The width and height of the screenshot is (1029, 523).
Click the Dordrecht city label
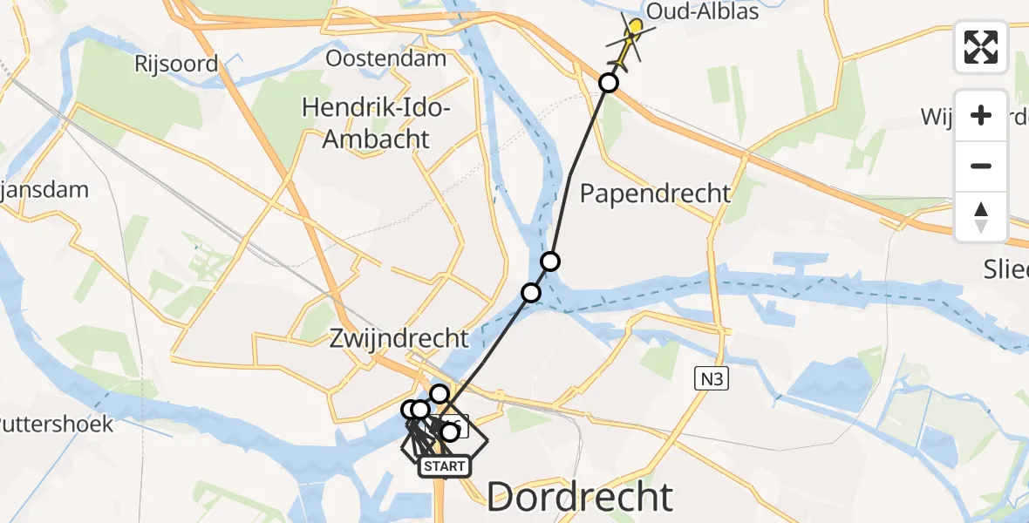580,497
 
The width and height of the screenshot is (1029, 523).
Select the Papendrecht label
655,193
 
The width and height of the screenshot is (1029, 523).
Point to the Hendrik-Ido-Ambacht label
376,123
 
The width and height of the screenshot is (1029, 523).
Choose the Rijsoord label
176,63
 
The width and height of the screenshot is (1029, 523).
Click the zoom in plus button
981,115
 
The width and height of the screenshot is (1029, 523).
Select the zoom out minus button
981,166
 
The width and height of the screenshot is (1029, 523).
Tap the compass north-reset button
981,216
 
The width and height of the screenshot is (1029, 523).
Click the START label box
444,466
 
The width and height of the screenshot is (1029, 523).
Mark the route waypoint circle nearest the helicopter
609,83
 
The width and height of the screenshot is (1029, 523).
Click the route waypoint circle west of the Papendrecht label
549,261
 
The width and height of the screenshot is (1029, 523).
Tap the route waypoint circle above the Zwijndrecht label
531,292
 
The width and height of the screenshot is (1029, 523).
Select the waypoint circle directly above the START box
450,431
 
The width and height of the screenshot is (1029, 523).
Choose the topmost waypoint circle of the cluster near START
439,394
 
